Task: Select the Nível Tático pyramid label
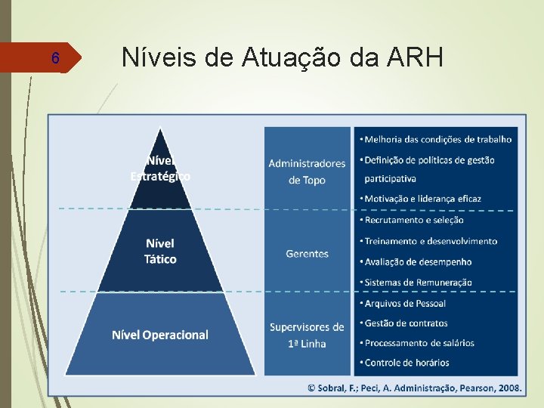tap(160, 251)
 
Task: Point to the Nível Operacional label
tap(160, 335)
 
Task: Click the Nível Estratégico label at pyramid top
tap(160, 168)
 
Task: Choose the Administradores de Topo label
tap(307, 171)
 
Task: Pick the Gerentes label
tap(307, 254)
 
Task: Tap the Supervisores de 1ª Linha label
tap(307, 335)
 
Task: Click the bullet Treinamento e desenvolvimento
tap(431, 241)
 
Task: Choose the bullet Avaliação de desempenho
tap(418, 262)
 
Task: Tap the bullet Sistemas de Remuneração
tap(418, 283)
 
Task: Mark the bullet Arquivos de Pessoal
tap(405, 303)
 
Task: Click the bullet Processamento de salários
tap(419, 343)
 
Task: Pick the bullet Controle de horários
tap(406, 363)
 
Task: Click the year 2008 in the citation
tap(508, 387)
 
